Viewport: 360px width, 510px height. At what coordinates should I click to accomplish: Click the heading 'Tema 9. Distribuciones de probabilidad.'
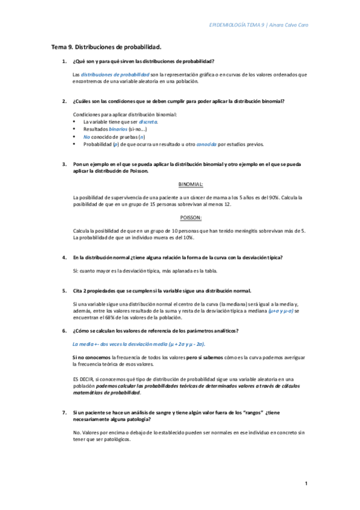click(106, 46)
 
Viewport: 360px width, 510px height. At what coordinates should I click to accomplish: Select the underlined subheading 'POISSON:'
click(191, 217)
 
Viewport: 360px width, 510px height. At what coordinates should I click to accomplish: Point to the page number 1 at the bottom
click(306, 484)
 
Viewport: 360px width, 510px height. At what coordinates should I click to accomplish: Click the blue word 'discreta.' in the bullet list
click(148, 121)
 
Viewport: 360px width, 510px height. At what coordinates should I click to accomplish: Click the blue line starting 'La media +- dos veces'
click(138, 344)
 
